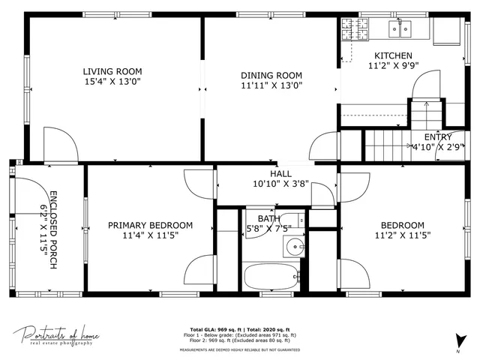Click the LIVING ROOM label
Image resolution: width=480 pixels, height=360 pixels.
[x=112, y=72]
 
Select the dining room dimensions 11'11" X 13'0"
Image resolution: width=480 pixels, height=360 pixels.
[x=271, y=85]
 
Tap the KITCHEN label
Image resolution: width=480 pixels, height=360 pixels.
[x=393, y=55]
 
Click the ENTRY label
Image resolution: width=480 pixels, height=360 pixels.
[x=438, y=137]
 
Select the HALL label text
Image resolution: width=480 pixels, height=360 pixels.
[x=271, y=173]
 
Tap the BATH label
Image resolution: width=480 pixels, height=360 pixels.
[x=269, y=219]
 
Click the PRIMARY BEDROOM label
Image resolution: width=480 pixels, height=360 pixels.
[x=150, y=225]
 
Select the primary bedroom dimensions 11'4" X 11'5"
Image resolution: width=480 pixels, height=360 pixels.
[x=150, y=235]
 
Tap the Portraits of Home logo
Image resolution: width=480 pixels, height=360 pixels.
[x=56, y=334]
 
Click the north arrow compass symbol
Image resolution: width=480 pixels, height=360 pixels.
[x=458, y=340]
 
